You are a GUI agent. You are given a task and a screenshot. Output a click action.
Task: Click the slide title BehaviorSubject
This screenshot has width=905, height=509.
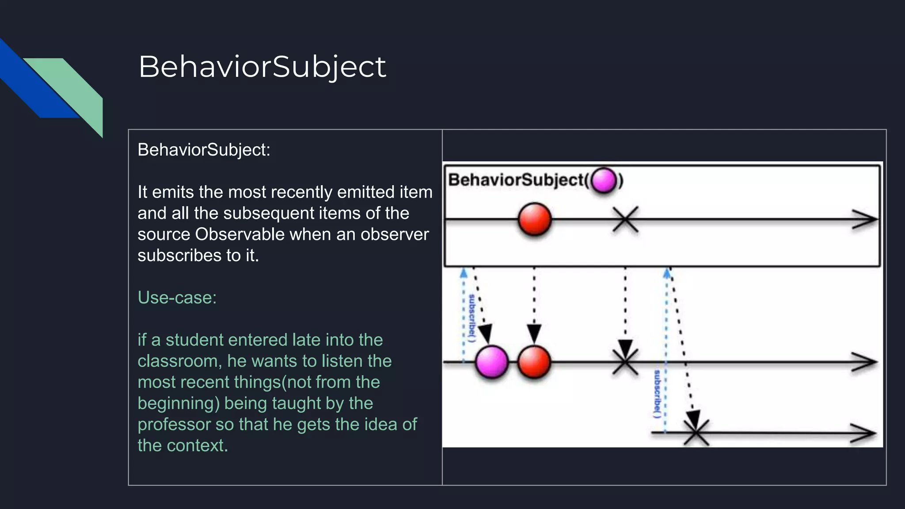(262, 67)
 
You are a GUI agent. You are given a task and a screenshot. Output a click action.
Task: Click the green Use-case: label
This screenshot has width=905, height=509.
(177, 297)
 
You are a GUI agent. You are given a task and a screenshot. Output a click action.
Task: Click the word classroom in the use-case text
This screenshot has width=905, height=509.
(179, 361)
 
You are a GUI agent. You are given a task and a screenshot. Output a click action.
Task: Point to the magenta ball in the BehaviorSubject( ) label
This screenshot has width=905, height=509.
(604, 180)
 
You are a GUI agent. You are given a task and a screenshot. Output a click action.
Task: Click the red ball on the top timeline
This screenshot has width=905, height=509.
(534, 219)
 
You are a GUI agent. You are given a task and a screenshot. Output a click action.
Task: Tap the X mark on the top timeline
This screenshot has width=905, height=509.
(625, 219)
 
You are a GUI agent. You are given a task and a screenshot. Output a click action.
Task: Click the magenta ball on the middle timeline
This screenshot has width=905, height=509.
(491, 362)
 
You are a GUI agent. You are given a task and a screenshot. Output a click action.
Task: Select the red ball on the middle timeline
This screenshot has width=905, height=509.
(534, 362)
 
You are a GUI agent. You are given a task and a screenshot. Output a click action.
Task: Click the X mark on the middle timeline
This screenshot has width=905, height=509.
(625, 362)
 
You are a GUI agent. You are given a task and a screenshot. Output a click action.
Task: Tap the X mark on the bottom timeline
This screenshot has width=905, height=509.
(696, 433)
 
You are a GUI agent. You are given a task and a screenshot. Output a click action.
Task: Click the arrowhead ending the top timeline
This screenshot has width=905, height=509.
(865, 219)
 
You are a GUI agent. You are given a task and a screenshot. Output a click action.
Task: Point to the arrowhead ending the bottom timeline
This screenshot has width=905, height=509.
(863, 433)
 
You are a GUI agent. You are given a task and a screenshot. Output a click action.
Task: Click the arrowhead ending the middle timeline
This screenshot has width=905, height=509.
(865, 362)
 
